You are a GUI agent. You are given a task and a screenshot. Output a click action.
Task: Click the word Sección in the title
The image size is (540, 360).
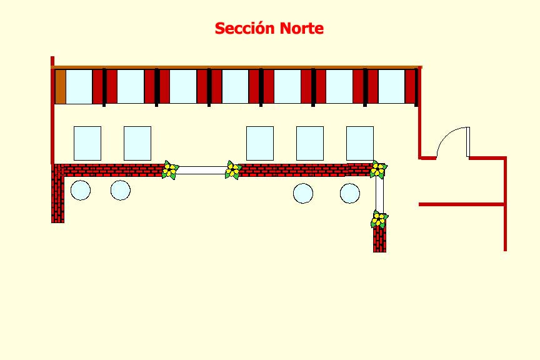click(245, 29)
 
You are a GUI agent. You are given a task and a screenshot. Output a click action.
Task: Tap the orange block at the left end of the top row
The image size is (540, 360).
click(60, 87)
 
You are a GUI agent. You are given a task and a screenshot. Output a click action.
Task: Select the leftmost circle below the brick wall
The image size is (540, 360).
click(81, 190)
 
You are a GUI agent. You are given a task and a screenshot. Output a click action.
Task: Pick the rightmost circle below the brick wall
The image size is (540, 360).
click(350, 193)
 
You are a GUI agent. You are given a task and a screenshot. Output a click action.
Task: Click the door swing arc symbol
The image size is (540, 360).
click(451, 142)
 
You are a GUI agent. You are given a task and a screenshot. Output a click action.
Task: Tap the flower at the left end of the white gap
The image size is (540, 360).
click(169, 170)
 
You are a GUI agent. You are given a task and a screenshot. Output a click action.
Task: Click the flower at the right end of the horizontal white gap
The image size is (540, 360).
click(233, 170)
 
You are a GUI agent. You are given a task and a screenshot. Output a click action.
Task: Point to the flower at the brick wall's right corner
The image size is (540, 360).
click(377, 169)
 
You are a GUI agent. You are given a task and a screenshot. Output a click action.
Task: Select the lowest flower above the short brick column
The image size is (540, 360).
click(379, 219)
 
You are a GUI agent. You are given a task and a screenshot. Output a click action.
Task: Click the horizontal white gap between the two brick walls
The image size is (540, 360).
click(201, 170)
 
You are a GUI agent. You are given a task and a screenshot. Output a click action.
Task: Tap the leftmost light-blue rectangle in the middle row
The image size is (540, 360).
click(87, 143)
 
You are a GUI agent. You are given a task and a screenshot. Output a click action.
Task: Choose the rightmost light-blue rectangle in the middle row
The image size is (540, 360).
click(360, 143)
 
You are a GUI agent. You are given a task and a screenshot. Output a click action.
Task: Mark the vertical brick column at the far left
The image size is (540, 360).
click(57, 194)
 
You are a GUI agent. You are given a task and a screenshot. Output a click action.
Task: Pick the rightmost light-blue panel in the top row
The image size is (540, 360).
click(391, 87)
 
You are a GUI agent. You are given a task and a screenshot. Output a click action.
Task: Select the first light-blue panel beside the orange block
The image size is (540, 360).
click(79, 87)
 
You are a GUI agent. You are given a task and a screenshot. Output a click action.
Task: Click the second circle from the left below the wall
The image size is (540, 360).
click(121, 190)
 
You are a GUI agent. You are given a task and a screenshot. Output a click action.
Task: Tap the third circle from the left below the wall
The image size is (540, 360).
click(303, 193)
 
